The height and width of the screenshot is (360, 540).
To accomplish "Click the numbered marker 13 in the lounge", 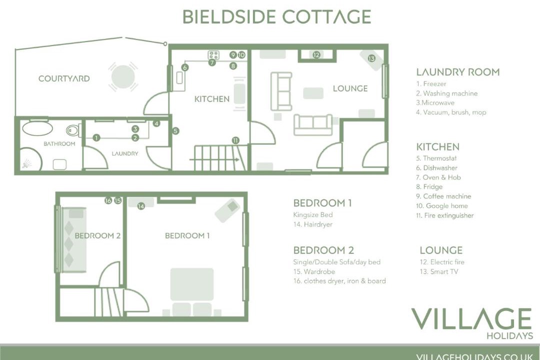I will (x=371, y=58).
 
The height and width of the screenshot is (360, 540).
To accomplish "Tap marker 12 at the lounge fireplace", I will (x=316, y=55).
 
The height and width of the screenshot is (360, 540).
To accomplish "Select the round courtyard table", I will (x=122, y=77).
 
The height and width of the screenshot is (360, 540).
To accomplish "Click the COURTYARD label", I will (x=64, y=78).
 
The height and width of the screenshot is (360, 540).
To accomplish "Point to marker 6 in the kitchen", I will (x=185, y=67).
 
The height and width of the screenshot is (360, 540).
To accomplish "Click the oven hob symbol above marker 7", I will (x=214, y=55).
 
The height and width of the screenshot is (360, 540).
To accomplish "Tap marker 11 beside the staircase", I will (x=235, y=140).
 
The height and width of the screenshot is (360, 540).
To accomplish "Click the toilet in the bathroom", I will (x=72, y=130).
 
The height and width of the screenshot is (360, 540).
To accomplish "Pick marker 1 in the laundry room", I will (x=96, y=137).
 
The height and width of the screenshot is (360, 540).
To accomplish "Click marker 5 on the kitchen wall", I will (x=175, y=131).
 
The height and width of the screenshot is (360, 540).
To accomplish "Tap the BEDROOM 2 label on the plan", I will (x=97, y=235).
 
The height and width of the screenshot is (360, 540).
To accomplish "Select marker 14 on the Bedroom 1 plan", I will (x=141, y=206).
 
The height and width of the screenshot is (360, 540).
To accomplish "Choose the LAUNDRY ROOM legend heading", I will (x=457, y=72).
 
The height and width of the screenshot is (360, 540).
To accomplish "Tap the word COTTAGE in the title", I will (x=326, y=16).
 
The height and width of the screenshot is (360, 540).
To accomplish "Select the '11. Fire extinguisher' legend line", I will (x=444, y=215).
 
